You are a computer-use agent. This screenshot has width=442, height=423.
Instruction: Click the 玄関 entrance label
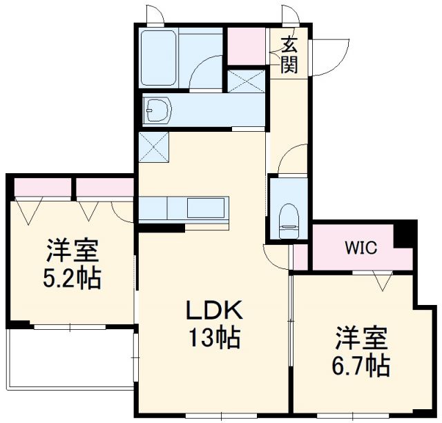289,55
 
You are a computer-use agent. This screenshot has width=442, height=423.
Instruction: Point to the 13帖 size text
212,337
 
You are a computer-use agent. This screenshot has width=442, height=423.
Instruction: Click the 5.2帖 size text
73,277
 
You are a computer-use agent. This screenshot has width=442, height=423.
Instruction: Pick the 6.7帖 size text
361,364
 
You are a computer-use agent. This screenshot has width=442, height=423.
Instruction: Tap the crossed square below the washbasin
151,146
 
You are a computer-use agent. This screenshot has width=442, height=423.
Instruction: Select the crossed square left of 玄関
247,81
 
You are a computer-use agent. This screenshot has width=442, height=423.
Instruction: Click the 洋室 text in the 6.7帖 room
361,339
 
